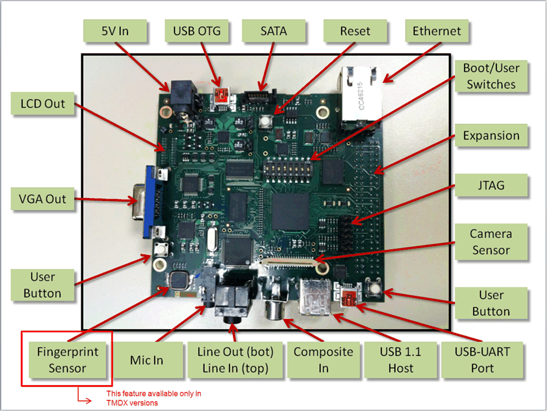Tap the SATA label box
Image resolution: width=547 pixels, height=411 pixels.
click(273, 31)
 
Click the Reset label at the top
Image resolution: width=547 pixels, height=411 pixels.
click(355, 31)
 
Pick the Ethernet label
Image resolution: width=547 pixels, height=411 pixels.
click(437, 31)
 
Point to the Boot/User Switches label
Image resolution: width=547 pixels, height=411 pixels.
click(491, 76)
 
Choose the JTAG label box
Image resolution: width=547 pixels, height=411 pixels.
click(491, 185)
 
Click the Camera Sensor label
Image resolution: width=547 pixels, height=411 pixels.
click(491, 242)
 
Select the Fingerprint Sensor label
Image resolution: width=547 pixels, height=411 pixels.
click(67, 360)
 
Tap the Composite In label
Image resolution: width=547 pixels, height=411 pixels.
click(323, 360)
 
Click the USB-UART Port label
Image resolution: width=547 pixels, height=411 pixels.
click(482, 360)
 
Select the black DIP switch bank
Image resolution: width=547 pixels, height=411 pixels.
click(287, 166)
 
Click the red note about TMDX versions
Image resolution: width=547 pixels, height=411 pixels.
click(153, 398)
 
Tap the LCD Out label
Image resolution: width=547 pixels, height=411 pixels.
click(43, 103)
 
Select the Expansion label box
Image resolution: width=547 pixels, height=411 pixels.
click(491, 136)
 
